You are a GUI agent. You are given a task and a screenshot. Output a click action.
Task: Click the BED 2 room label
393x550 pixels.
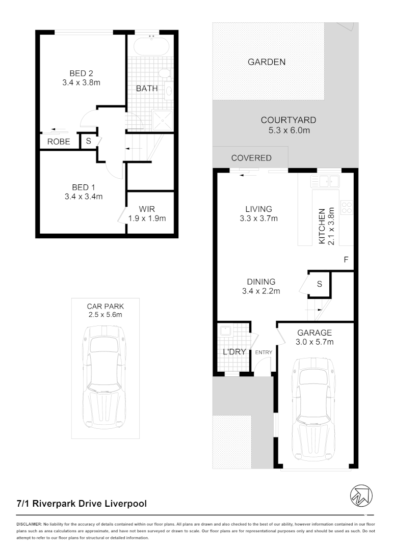point(82,73)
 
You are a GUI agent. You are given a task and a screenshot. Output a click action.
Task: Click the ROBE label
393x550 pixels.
point(59,142)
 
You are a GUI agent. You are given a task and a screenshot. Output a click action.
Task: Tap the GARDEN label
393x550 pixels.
point(266,62)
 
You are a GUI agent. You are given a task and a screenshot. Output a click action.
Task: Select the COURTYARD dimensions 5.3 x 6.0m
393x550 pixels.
point(288,130)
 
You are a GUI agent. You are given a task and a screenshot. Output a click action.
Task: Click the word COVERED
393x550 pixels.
point(251,158)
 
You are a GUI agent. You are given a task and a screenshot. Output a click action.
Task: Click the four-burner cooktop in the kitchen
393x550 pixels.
point(347,208)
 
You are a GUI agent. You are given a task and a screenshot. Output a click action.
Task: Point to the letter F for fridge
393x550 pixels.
point(346,260)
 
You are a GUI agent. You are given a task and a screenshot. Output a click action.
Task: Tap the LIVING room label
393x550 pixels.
point(258,209)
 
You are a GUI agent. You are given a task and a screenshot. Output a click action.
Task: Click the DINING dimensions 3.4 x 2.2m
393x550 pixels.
point(261,291)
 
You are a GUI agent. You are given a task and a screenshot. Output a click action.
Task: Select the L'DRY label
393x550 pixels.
point(234,351)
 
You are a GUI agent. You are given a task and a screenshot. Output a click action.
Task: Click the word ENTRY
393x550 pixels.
point(264,352)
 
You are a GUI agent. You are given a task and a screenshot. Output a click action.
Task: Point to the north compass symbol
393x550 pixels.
point(361,494)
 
